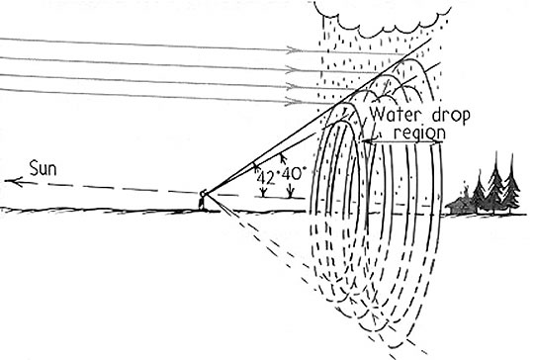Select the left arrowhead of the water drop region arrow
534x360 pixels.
[x=367, y=143]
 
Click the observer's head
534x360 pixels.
[x=202, y=194]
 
